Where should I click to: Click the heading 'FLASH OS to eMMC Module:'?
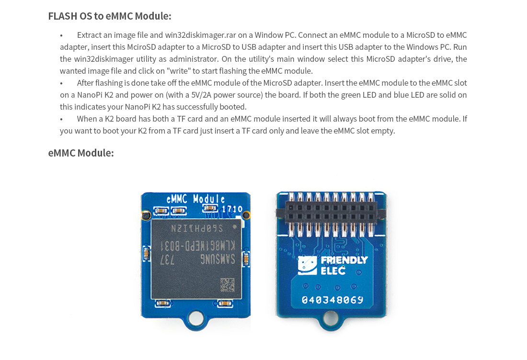tap(110, 16)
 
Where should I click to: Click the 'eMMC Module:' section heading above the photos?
tap(81, 153)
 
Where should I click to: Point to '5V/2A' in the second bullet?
tap(201, 95)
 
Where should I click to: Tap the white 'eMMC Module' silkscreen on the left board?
tap(195, 200)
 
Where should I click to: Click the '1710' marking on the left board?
tap(232, 209)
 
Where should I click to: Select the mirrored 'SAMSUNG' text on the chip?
tap(218, 259)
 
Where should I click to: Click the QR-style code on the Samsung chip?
tap(227, 285)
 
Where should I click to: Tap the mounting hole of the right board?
tap(331, 317)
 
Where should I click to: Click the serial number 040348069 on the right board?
tap(332, 300)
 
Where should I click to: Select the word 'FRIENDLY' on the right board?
tap(344, 260)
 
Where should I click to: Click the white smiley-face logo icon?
tap(307, 266)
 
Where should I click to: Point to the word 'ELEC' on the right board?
tap(333, 270)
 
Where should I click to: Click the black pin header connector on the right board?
tap(331, 212)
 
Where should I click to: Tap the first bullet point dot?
tap(61, 35)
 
